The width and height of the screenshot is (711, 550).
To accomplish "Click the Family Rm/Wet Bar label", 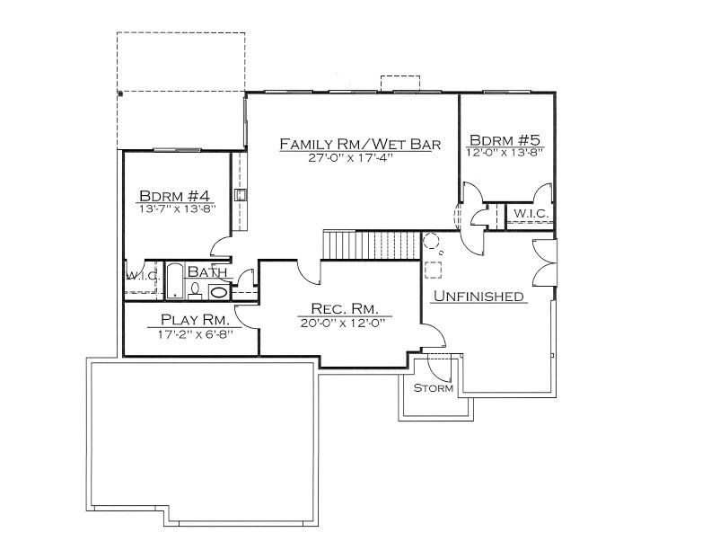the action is [360, 144].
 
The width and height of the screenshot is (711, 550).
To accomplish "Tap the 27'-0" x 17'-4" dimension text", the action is [349, 158].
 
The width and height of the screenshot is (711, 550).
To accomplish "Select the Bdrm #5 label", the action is [505, 140].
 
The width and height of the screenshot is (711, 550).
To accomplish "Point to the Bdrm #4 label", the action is [174, 196].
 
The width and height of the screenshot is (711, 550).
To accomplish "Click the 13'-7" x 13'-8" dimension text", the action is [177, 208].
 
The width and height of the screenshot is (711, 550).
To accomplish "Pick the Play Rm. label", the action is [195, 319].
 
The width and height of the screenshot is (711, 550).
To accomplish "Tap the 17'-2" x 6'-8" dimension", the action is [196, 334].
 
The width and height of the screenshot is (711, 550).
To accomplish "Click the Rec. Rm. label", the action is [345, 308].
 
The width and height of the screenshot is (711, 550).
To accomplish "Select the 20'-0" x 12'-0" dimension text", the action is [343, 324].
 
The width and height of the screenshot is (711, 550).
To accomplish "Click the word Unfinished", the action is [478, 296].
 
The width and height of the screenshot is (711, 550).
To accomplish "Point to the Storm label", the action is [434, 388].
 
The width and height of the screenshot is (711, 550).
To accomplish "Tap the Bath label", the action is [207, 271].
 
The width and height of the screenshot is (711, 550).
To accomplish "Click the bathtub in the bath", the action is [174, 281].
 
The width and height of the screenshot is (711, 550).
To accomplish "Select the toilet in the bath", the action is [195, 291].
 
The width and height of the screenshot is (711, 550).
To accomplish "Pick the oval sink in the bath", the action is [218, 292].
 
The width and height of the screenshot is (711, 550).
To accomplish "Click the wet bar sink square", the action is [241, 195].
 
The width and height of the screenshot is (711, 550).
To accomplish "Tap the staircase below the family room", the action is [371, 244].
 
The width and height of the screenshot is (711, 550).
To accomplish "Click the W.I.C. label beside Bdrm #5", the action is [531, 213].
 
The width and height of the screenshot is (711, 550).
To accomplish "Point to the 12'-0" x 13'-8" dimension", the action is [505, 153].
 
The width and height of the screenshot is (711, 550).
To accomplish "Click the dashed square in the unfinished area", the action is [433, 270].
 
